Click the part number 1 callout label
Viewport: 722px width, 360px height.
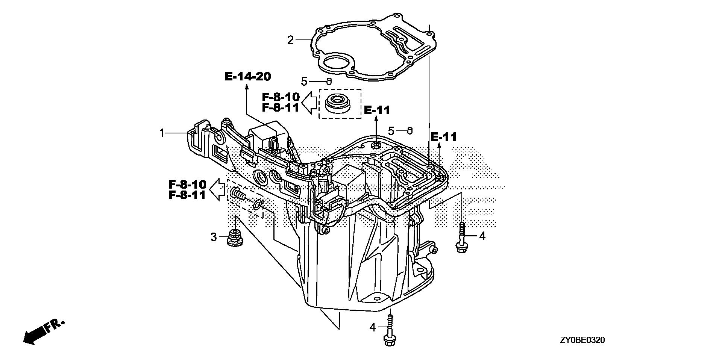pyautogui.click(x=162, y=133)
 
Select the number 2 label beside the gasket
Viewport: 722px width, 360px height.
pyautogui.click(x=290, y=40)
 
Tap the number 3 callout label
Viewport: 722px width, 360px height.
pyautogui.click(x=214, y=237)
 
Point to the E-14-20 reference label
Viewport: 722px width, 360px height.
pyautogui.click(x=248, y=77)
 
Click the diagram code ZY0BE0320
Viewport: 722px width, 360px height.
pyautogui.click(x=582, y=340)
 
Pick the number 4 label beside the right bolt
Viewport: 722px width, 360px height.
pyautogui.click(x=482, y=236)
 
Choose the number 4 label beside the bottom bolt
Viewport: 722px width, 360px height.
pyautogui.click(x=372, y=328)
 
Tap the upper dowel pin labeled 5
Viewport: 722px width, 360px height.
pyautogui.click(x=329, y=81)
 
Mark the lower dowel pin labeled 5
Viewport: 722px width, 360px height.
pyautogui.click(x=410, y=131)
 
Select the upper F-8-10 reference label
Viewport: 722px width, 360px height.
pyautogui.click(x=281, y=97)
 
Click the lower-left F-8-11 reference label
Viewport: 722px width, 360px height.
pyautogui.click(x=187, y=195)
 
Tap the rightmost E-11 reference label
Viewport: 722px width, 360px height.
pyautogui.click(x=443, y=137)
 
